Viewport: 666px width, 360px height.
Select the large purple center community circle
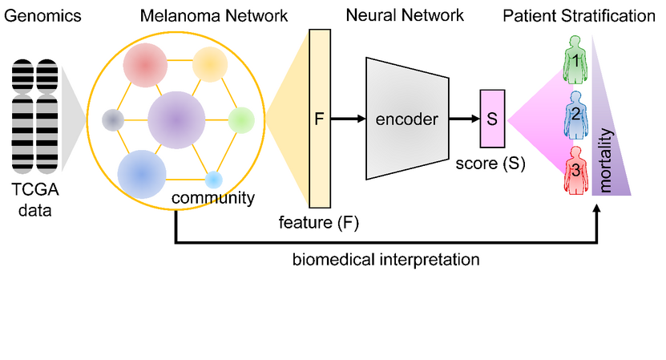point(176,120)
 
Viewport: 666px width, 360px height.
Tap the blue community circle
point(142,173)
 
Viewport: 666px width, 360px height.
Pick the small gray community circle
point(113,120)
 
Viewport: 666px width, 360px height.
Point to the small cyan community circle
point(213,180)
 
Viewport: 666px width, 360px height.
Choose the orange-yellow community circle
point(210,63)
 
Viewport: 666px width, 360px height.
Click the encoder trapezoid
point(406,119)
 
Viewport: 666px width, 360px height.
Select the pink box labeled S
point(491,119)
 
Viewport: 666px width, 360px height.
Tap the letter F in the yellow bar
point(319,119)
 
